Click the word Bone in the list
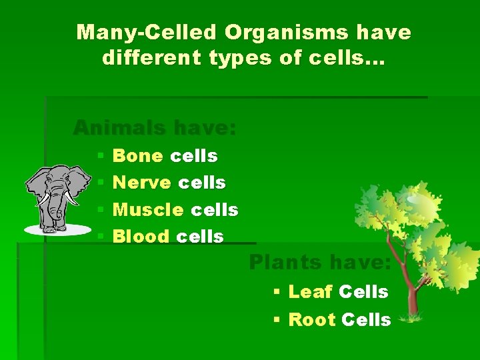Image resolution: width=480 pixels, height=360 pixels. [138, 156]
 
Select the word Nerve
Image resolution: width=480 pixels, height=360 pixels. [142, 183]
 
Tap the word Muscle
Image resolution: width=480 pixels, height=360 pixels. [148, 210]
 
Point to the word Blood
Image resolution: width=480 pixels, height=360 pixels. [141, 237]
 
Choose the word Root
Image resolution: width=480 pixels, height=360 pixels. [311, 320]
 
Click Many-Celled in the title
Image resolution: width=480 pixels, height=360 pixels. [147, 31]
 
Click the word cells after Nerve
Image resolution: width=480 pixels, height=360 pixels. [202, 183]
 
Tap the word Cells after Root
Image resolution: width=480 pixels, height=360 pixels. [365, 320]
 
